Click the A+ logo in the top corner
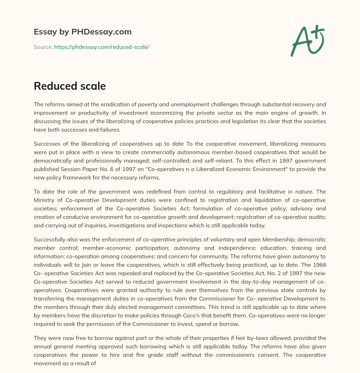click(x=307, y=40)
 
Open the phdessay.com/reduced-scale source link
click(x=102, y=47)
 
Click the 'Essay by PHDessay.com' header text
click(x=83, y=32)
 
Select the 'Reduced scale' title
click(x=70, y=86)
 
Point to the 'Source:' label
click(x=43, y=47)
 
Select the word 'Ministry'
click(x=44, y=200)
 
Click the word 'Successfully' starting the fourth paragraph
click(x=50, y=239)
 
